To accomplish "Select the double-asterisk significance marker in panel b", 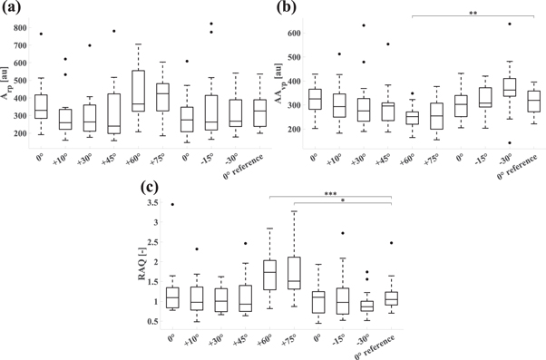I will click(473, 13).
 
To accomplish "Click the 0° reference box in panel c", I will click(391, 297).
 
